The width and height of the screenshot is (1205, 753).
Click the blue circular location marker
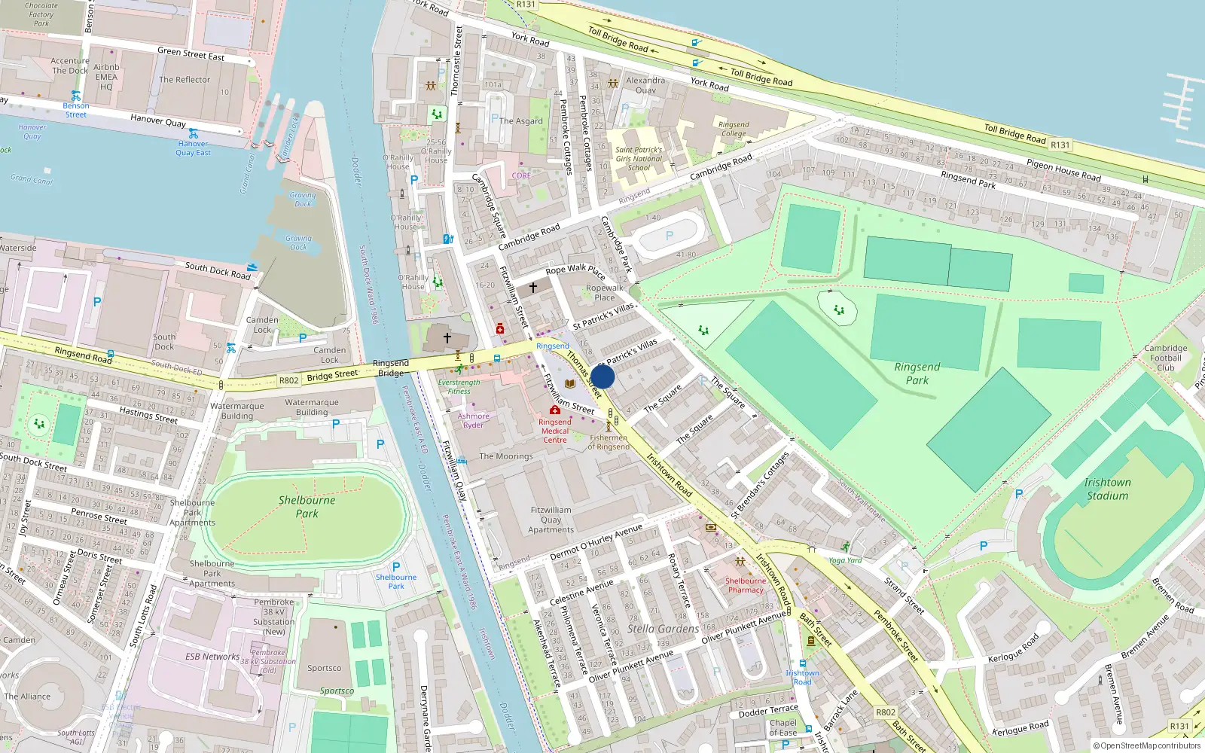tap(602, 376)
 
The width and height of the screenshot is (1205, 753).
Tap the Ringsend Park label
tap(917, 373)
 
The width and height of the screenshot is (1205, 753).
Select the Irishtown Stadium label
tap(1106, 489)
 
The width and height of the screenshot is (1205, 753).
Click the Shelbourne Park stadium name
tap(307, 507)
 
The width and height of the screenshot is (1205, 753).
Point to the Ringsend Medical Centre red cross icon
tap(555, 410)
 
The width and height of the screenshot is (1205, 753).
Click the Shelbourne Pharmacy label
tap(746, 585)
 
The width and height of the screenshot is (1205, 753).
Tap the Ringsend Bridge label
tap(391, 367)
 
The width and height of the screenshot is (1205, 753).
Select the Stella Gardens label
tap(663, 629)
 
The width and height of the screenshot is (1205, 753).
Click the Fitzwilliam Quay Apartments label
tap(551, 520)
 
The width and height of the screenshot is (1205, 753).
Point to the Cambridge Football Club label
tap(1165, 358)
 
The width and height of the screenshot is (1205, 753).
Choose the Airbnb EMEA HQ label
tap(106, 77)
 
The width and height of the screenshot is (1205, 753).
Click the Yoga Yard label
tap(845, 560)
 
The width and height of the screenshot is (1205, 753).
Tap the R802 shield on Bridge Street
tap(288, 380)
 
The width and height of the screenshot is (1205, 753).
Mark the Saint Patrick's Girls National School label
tap(639, 159)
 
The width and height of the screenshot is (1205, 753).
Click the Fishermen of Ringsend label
tap(609, 442)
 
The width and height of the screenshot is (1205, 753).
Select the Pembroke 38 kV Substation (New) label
tap(273, 617)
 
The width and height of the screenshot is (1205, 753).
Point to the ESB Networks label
tap(212, 657)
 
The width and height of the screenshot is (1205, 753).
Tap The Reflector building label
tap(185, 80)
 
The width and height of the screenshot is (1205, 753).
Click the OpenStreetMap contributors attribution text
tap(1146, 746)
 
